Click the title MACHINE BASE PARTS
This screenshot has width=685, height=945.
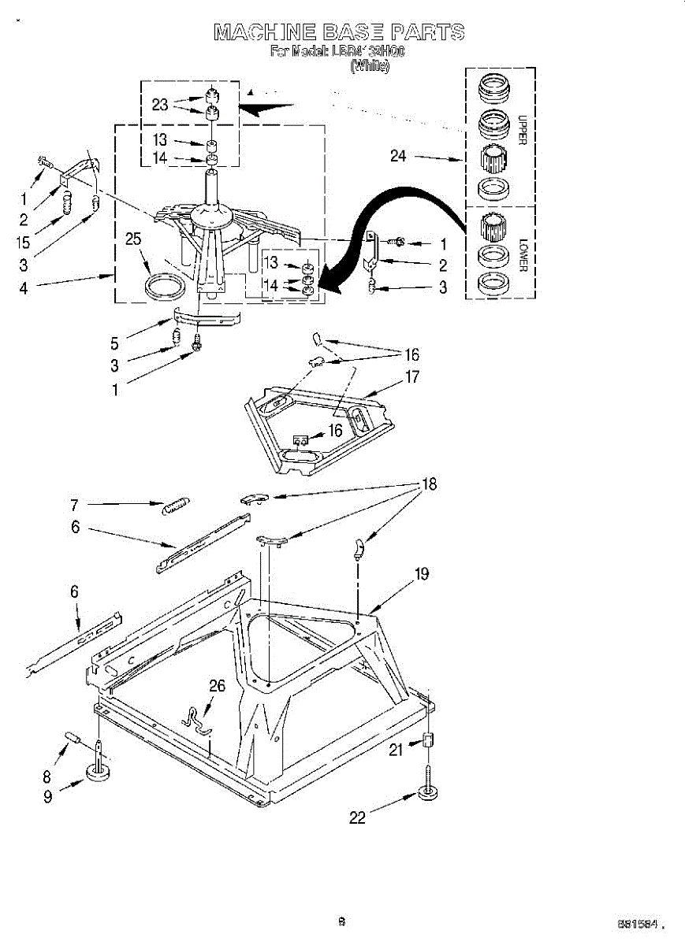[339, 32]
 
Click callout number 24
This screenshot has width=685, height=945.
[398, 156]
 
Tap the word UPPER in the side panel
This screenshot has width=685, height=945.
[521, 130]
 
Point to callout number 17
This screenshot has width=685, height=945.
[412, 376]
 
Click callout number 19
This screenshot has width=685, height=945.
[422, 574]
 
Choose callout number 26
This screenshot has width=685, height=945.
[217, 686]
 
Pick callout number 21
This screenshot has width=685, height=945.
[396, 750]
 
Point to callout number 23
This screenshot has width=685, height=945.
[160, 104]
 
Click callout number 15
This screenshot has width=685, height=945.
[23, 243]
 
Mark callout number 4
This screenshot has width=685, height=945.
[24, 287]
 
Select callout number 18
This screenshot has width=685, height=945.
[429, 484]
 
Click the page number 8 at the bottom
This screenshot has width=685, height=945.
[341, 921]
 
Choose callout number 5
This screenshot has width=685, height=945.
[115, 343]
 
